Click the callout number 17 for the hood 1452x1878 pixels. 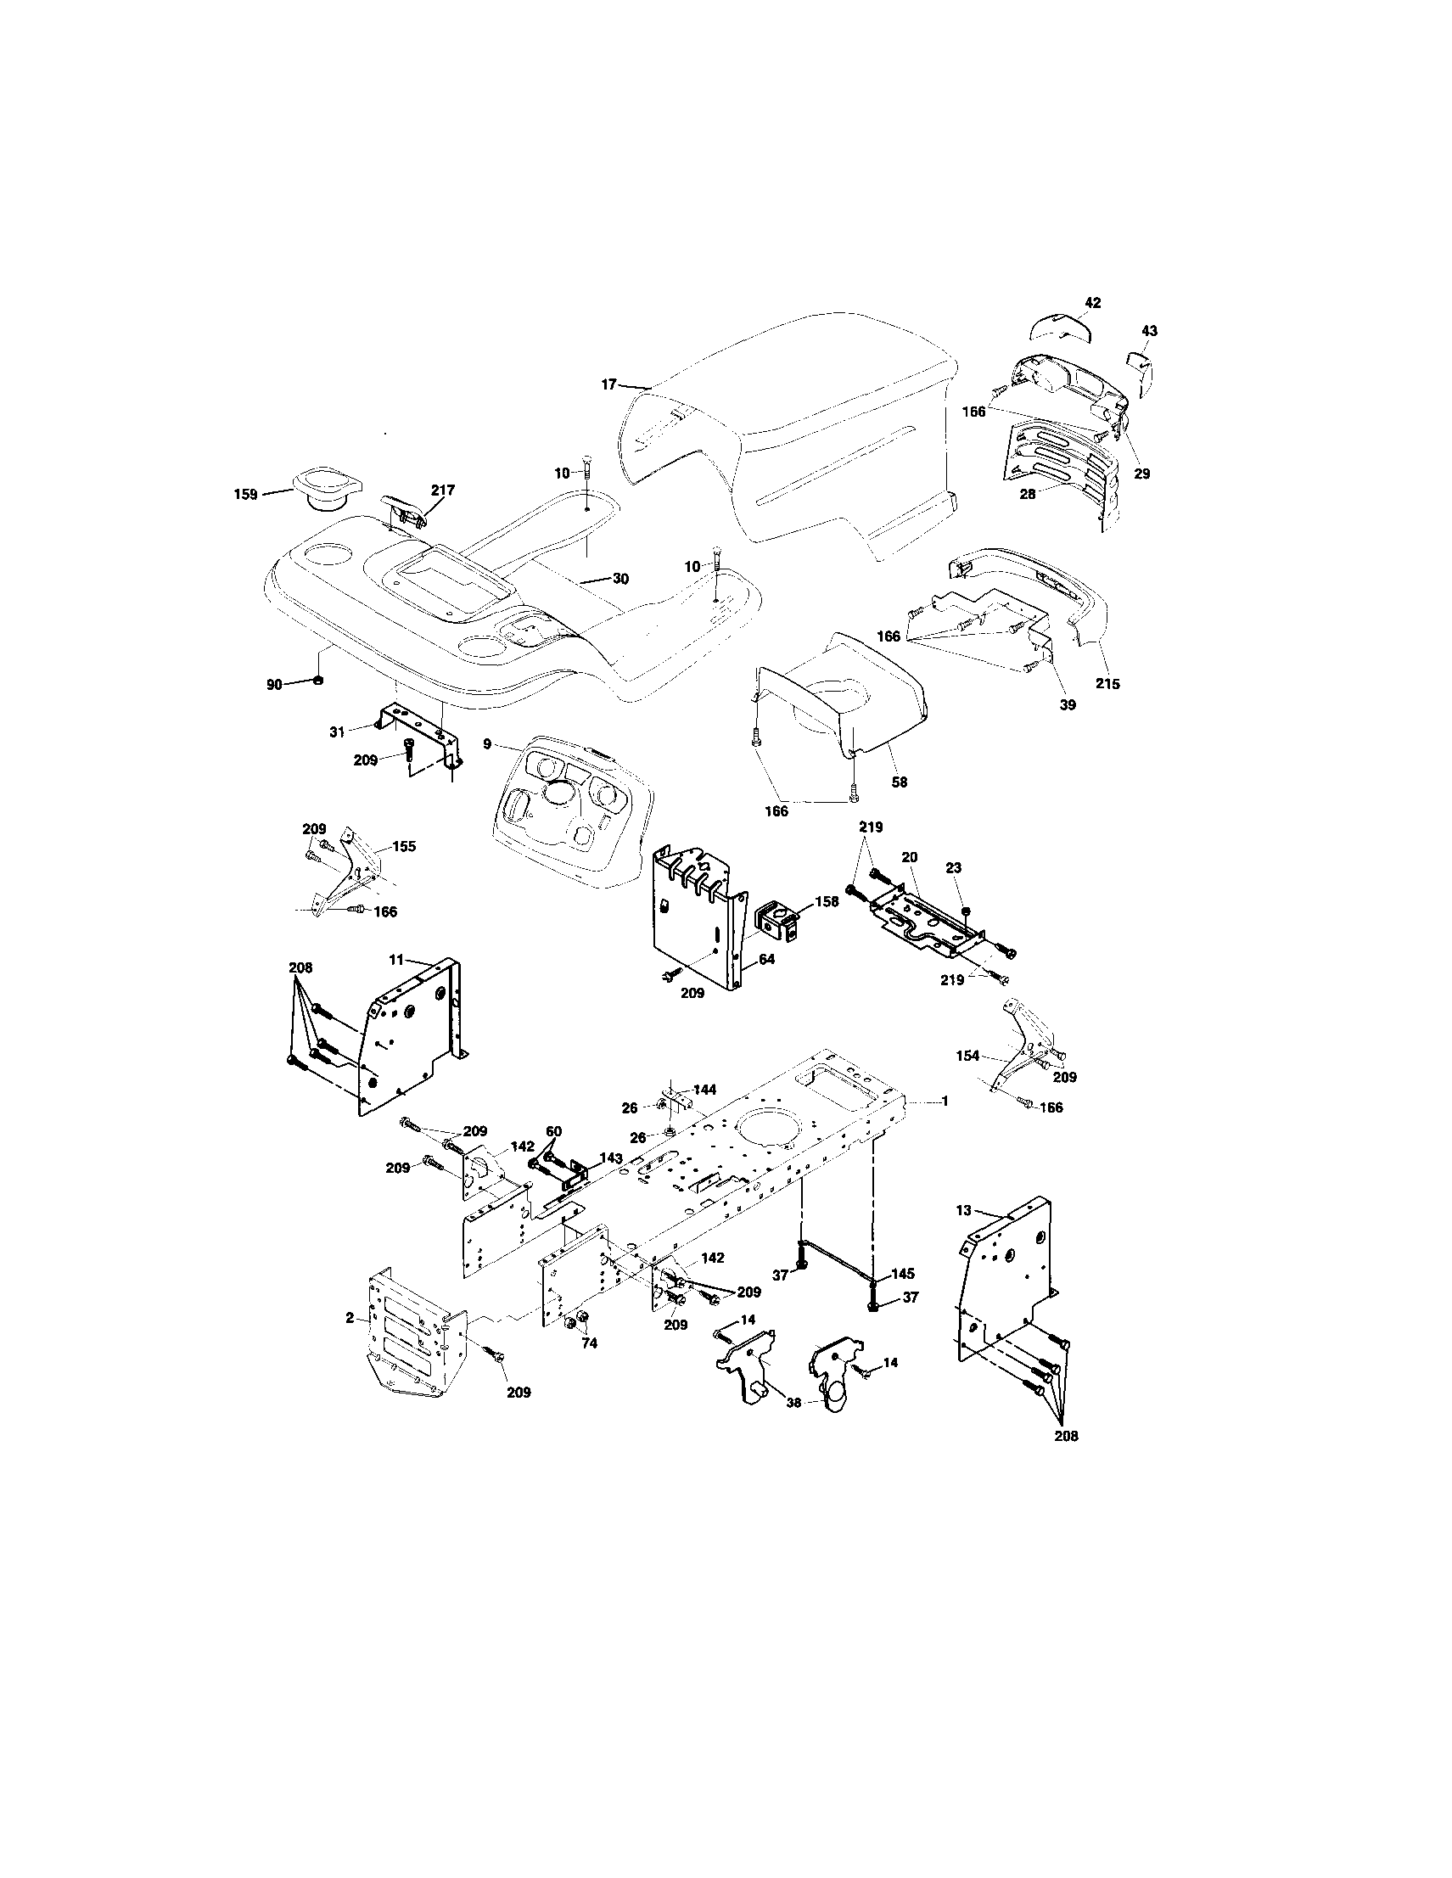click(x=608, y=384)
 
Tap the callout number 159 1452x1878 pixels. click(x=246, y=495)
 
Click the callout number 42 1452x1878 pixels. click(x=1093, y=303)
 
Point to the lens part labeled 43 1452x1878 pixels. click(x=1142, y=372)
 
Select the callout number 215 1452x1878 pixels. click(x=1107, y=685)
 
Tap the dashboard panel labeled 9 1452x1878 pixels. click(x=568, y=808)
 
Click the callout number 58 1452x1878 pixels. click(x=900, y=782)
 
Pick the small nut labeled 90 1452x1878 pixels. click(x=317, y=681)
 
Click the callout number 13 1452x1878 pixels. click(x=963, y=1210)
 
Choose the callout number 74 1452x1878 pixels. click(x=589, y=1343)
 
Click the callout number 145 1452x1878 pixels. click(x=903, y=1273)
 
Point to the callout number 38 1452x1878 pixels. click(x=793, y=1402)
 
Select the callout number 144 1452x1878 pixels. click(x=704, y=1090)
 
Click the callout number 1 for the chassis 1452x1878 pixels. click(x=945, y=1101)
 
